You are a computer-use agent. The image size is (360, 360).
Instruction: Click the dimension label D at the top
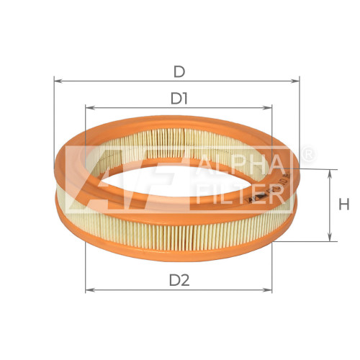(179, 71)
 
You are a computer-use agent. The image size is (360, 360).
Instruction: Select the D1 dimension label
(179, 99)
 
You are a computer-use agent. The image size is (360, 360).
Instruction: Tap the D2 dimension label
(179, 280)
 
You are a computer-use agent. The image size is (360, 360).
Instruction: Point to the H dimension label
(344, 205)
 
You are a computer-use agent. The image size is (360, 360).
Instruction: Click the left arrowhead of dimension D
(58, 81)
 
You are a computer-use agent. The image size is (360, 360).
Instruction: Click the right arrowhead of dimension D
(295, 81)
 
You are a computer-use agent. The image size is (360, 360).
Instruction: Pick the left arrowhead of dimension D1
(90, 108)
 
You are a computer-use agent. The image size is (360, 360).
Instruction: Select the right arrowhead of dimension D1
(267, 108)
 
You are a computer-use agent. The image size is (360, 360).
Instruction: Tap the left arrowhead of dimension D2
(90, 290)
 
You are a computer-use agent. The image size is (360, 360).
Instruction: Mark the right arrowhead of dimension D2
(267, 290)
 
